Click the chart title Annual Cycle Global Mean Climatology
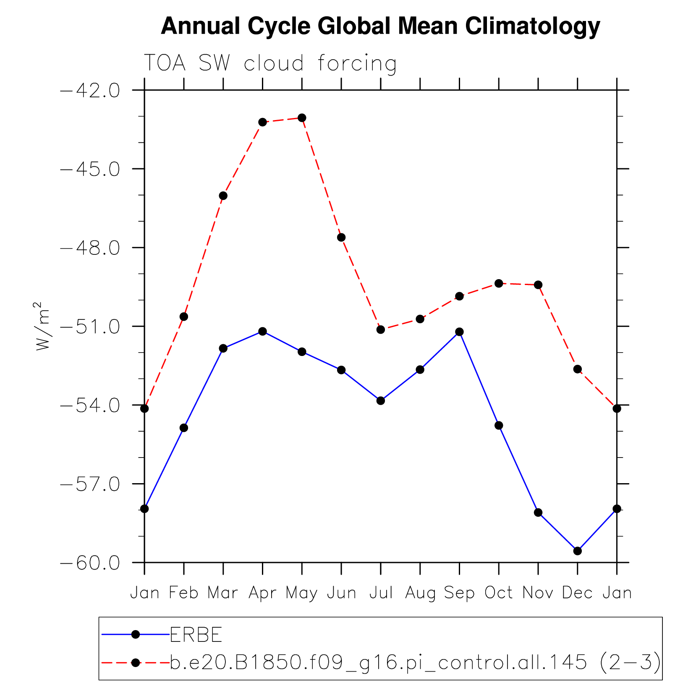pos(380,26)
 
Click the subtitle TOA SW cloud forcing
pos(270,63)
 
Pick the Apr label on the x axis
pos(262,593)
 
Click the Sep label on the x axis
pos(459,593)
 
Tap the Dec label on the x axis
pos(577,593)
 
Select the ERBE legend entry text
pos(196,635)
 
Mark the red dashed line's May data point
pos(302,118)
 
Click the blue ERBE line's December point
pos(578,551)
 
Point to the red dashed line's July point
pos(381,330)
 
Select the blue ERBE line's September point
pos(459,332)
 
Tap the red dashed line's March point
pos(223,196)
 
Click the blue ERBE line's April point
pos(262,332)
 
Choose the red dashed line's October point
pos(499,284)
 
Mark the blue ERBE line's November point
pos(538,513)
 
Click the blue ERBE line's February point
pos(184,428)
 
